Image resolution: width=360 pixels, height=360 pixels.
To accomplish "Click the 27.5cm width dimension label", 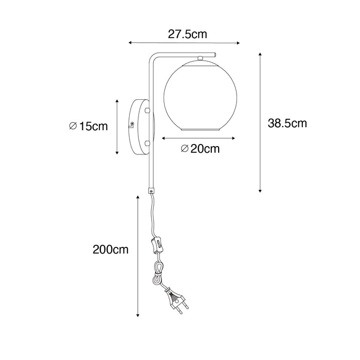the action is coord(187,34).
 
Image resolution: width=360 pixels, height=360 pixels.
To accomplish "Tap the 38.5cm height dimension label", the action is coord(287,123).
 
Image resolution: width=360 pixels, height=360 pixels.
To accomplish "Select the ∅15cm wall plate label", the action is coord(88,127).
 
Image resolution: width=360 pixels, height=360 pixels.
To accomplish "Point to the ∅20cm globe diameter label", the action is coord(200,149).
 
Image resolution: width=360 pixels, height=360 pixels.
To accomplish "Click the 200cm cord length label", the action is coord(111,249).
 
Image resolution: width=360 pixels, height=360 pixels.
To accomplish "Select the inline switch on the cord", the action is coord(157,246).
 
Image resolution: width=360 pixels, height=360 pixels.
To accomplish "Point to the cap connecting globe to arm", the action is coord(201,58).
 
